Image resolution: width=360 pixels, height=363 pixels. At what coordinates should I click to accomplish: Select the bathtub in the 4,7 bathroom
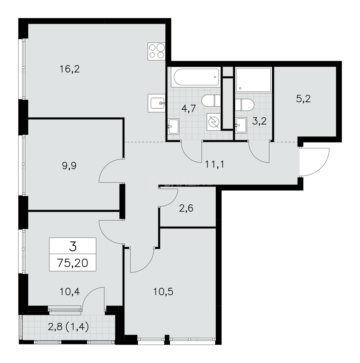coord(195,77)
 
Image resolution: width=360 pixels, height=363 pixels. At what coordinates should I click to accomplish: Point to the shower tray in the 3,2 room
coord(254,79)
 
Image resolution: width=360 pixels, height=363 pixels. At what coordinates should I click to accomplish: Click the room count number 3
coord(73,247)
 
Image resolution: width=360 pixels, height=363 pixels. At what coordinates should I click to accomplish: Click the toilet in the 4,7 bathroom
coord(210,100)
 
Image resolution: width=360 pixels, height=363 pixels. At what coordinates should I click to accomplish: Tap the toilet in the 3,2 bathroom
coord(245,105)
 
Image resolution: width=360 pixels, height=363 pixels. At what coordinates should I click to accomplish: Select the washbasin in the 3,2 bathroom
coord(241,126)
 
